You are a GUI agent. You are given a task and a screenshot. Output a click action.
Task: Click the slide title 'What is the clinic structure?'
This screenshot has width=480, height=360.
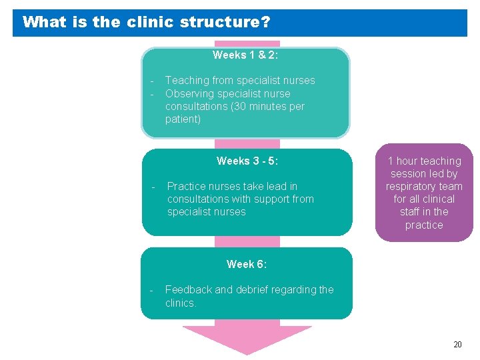point(146,22)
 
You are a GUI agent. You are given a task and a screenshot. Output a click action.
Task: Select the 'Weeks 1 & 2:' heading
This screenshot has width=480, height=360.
point(245,55)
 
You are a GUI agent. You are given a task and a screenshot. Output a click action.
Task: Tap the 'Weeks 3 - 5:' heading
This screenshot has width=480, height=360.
point(247,161)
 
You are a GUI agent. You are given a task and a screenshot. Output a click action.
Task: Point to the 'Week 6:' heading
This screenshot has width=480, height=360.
point(247,264)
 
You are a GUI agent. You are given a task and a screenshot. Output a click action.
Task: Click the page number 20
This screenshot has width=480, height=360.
point(457,345)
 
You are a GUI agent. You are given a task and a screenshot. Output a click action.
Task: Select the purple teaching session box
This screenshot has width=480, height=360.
point(424,193)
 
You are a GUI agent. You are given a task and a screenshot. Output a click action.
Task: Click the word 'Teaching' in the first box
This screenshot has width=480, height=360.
point(187,81)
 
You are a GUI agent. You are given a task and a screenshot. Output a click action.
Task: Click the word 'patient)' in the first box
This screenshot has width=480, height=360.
point(183,119)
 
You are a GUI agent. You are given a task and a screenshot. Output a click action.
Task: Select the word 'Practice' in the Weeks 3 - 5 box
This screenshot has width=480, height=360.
point(187,187)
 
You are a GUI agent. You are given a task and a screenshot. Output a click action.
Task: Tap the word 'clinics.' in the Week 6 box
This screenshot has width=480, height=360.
point(181,303)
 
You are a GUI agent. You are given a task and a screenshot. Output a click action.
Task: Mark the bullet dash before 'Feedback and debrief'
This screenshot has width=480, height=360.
point(151,290)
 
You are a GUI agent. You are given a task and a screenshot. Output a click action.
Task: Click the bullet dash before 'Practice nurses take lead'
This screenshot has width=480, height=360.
point(154,187)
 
